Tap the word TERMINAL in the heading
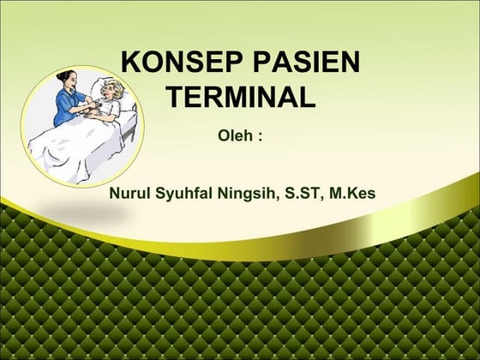click(241, 97)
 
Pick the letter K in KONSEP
click(132, 63)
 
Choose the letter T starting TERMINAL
click(174, 97)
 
